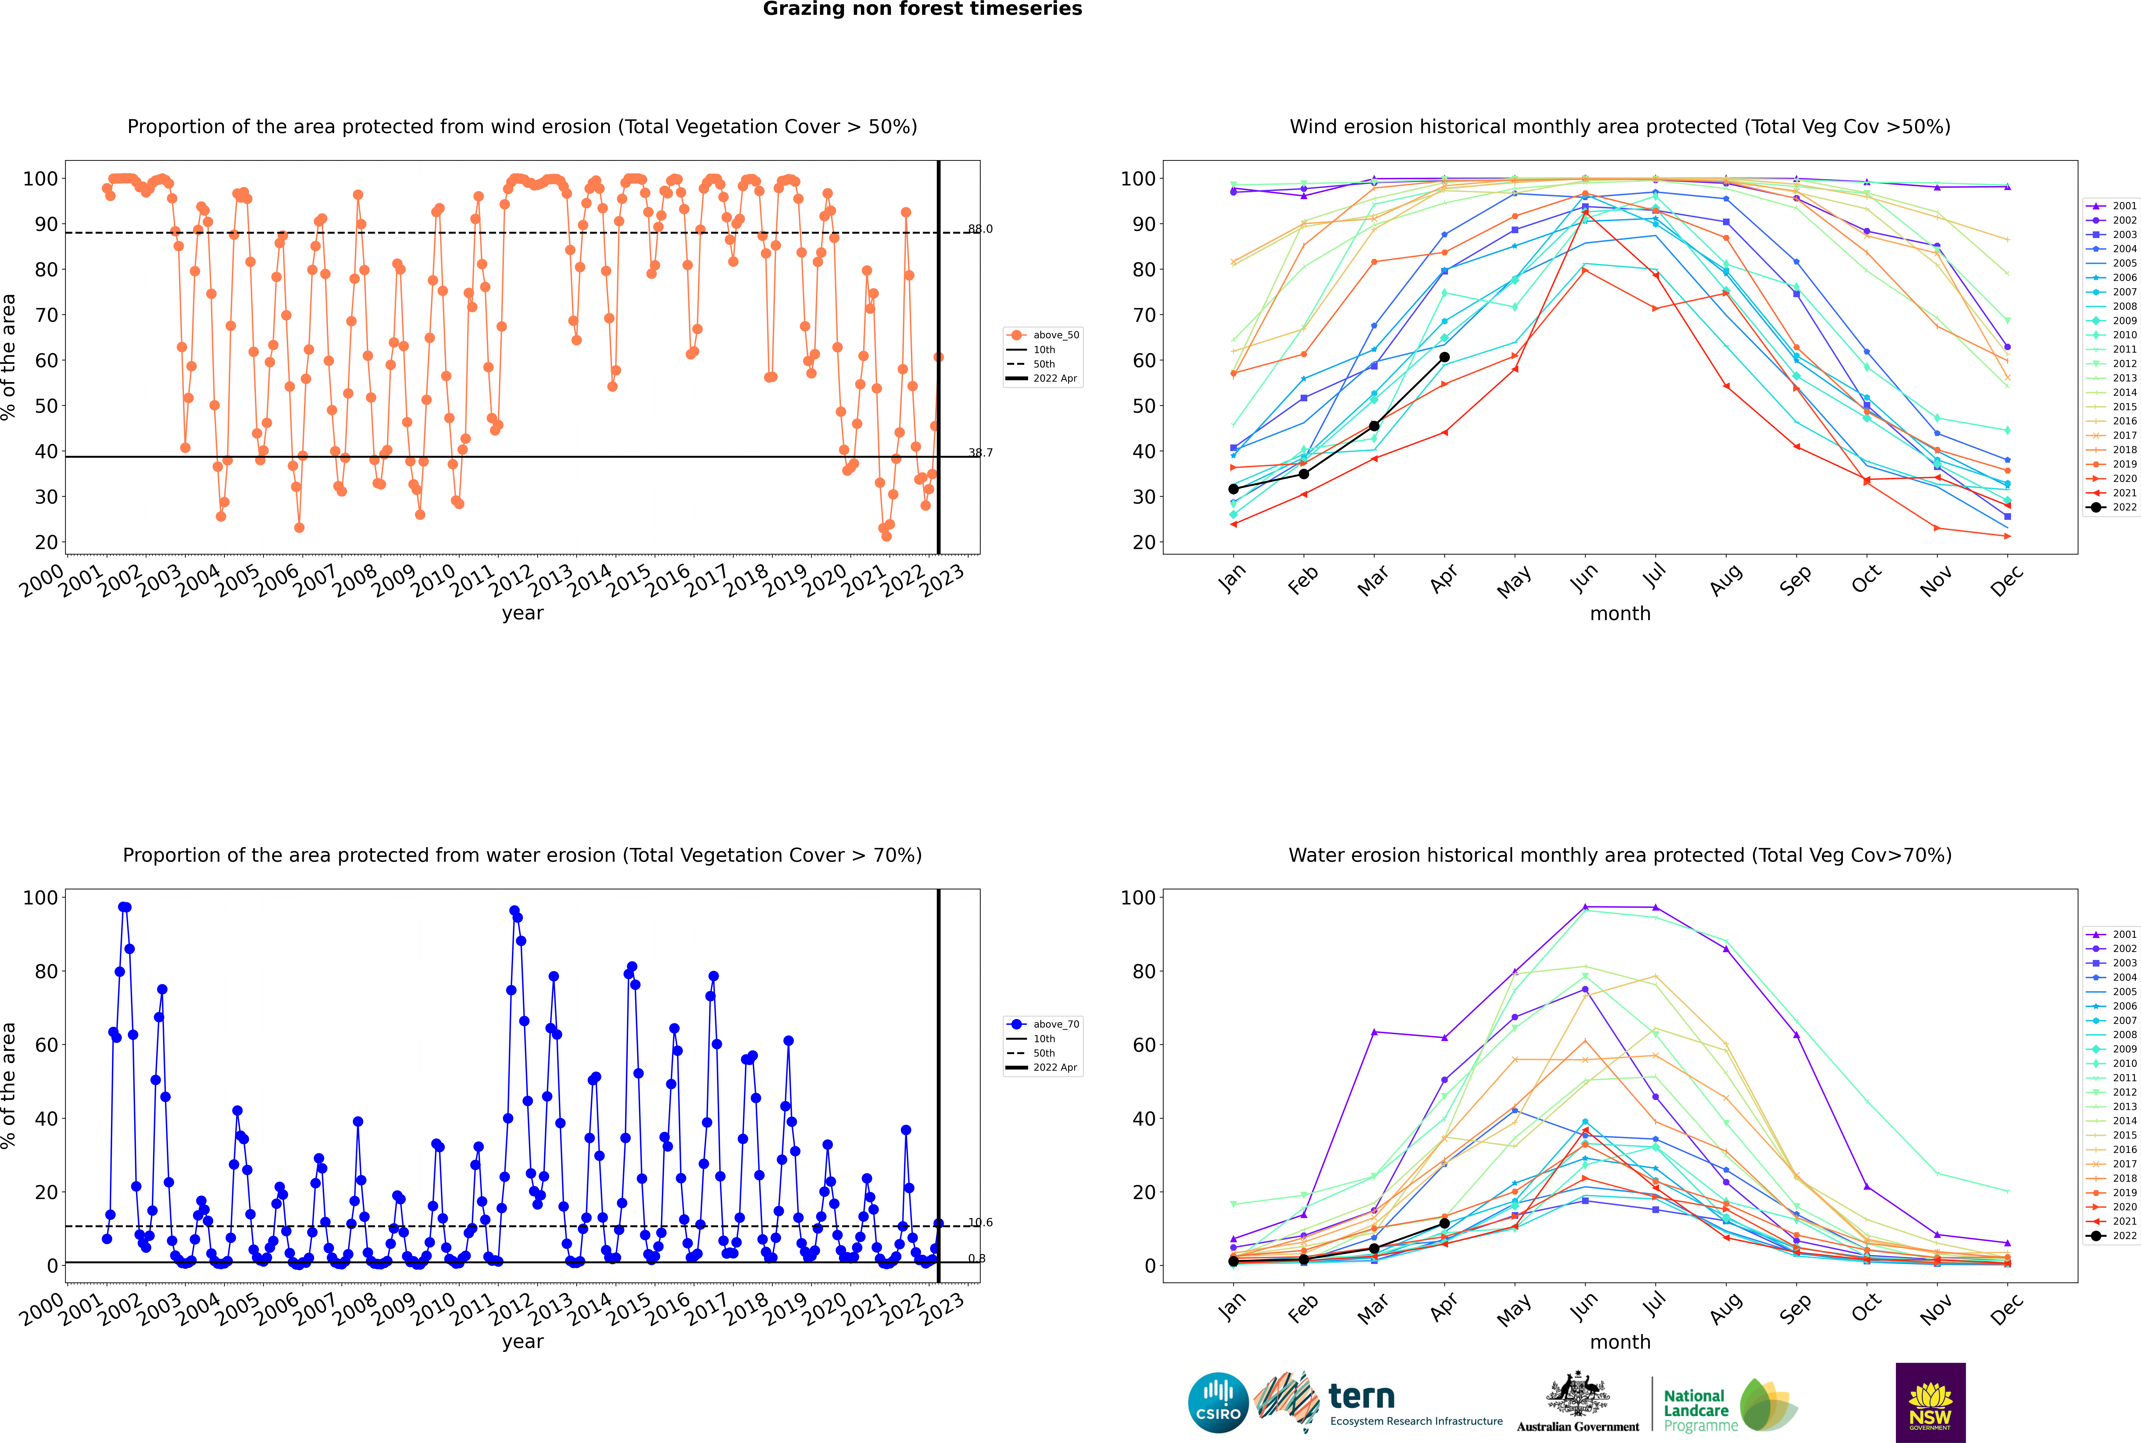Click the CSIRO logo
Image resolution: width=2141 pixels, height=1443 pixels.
1218,1403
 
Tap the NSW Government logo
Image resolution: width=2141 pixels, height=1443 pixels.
1930,1402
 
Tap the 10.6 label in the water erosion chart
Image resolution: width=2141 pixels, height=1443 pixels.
980,1222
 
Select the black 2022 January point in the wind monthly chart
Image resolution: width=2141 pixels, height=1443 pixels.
1233,489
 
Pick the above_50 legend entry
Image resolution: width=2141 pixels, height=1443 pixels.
1043,335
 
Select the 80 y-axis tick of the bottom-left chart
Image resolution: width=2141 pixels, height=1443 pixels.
45,971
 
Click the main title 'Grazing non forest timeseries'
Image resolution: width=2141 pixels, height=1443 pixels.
922,9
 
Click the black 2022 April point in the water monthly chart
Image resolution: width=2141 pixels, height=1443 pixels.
1444,1223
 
